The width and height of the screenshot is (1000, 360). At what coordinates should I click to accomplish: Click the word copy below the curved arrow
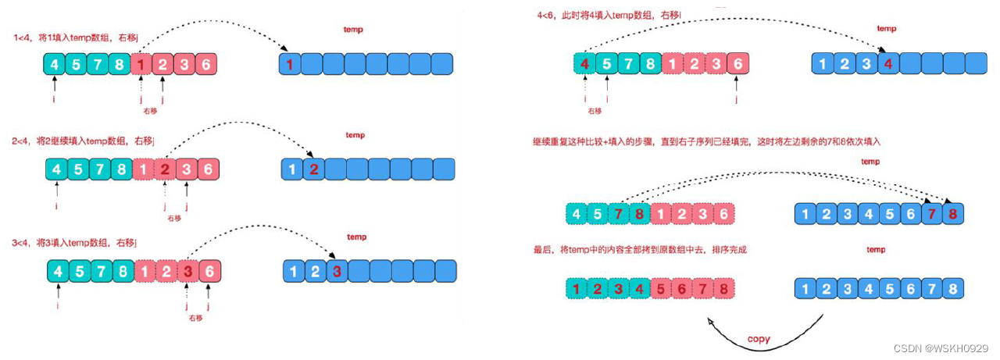(x=758, y=339)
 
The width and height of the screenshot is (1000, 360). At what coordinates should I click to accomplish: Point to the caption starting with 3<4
(x=75, y=243)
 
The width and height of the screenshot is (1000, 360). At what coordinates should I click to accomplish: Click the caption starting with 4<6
(x=609, y=15)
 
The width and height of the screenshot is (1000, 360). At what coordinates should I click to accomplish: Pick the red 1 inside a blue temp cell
(x=290, y=65)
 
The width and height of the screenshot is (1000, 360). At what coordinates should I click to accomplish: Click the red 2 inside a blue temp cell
(x=312, y=169)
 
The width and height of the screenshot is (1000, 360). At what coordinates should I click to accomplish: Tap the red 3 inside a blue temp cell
(x=336, y=273)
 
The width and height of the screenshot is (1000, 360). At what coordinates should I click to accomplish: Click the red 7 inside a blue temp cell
(x=930, y=213)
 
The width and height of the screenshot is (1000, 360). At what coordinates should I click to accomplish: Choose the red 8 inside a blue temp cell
(x=952, y=213)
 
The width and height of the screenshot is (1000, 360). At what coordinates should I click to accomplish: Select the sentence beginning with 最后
(x=645, y=249)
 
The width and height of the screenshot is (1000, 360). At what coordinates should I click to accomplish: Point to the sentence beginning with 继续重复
(x=707, y=141)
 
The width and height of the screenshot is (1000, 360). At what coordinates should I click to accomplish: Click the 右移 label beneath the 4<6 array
(x=595, y=112)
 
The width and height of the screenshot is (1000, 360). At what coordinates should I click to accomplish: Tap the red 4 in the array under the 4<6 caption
(x=584, y=65)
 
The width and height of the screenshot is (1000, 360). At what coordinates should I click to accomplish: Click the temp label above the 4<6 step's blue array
(x=887, y=29)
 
